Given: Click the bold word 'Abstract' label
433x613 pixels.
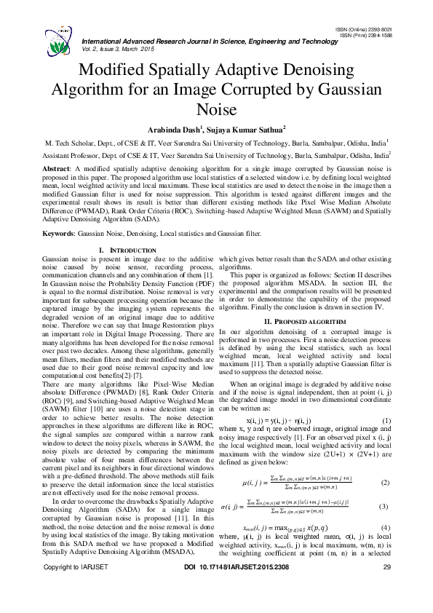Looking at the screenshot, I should coord(59,167).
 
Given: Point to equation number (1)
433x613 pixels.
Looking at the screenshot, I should coord(386,422).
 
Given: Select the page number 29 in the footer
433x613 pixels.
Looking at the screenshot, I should coord(386,588).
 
